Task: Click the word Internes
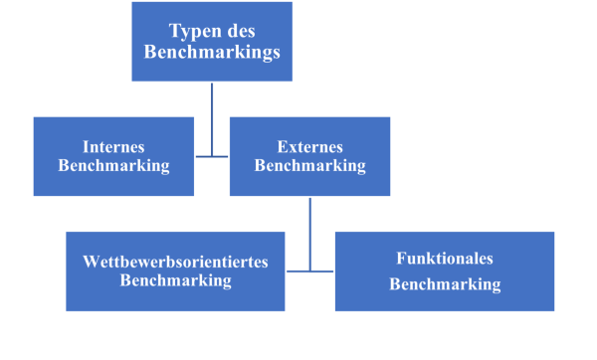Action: pyautogui.click(x=113, y=146)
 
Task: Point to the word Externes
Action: pyautogui.click(x=310, y=146)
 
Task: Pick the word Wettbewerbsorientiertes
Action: pyautogui.click(x=175, y=262)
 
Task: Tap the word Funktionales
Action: pyautogui.click(x=445, y=259)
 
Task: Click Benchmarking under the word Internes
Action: pyautogui.click(x=113, y=166)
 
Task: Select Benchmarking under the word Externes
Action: pyautogui.click(x=310, y=166)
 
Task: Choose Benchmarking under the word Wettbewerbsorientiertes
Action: pyautogui.click(x=175, y=280)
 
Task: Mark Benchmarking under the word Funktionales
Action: pyautogui.click(x=445, y=284)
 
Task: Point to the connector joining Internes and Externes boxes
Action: pyautogui.click(x=212, y=156)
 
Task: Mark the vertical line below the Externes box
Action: pyautogui.click(x=310, y=214)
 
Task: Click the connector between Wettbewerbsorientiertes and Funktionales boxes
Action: pyautogui.click(x=310, y=270)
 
